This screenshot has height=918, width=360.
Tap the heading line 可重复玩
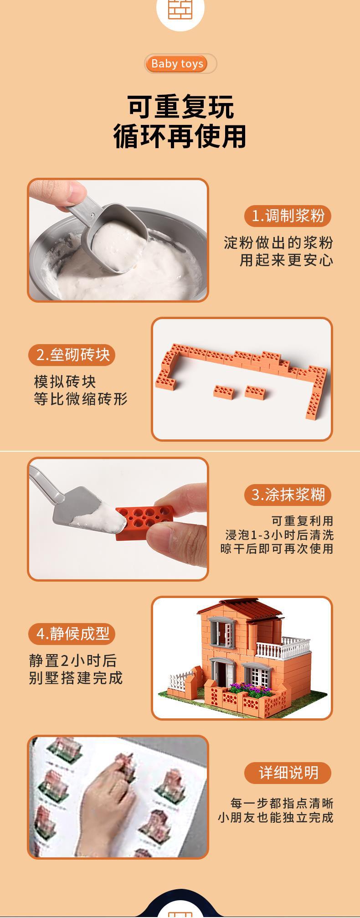click(x=180, y=107)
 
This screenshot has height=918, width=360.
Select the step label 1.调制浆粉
click(x=288, y=216)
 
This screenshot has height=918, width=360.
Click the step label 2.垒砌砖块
click(x=72, y=355)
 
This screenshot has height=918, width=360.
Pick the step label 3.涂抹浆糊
click(x=288, y=495)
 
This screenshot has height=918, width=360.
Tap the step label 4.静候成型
click(x=72, y=634)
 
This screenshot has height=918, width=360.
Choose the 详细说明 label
click(x=288, y=773)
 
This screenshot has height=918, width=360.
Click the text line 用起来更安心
click(x=287, y=260)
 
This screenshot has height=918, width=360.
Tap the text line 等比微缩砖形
click(x=81, y=399)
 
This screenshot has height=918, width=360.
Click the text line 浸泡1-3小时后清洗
click(x=279, y=534)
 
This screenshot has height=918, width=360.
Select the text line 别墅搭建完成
click(x=76, y=678)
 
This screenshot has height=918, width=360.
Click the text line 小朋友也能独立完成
click(x=276, y=817)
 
